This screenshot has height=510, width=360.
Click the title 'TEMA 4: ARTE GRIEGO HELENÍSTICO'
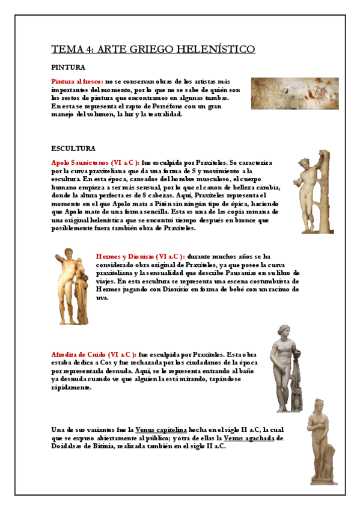point(153,49)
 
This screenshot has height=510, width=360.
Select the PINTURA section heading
point(68,67)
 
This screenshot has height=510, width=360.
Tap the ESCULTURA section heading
point(73,148)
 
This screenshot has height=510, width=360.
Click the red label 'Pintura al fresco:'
point(78,81)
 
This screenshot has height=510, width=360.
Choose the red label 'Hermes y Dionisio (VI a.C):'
point(141,256)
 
